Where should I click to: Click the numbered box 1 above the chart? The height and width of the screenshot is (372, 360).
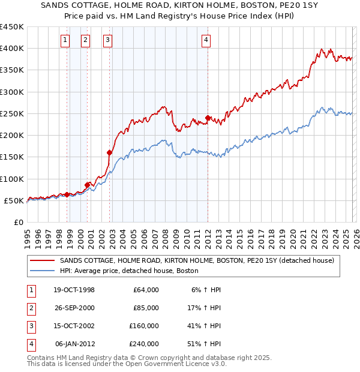[x=65, y=40]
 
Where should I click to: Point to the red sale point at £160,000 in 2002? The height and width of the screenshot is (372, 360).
[x=110, y=152]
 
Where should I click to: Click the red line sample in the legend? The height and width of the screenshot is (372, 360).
[x=42, y=261]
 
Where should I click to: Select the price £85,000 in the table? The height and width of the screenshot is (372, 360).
[x=146, y=308]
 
